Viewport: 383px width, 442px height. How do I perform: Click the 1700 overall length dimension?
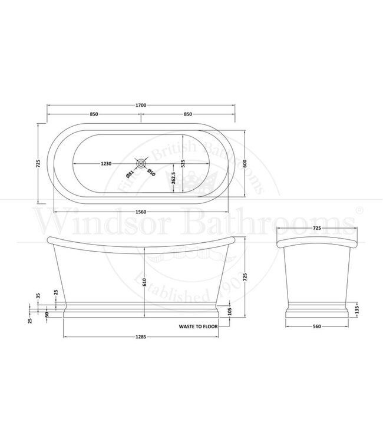click(x=141, y=105)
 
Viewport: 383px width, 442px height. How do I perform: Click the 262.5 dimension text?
click(x=174, y=180)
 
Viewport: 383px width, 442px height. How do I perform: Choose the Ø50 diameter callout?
click(x=150, y=173)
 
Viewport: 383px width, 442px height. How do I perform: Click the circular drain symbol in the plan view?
click(x=141, y=164)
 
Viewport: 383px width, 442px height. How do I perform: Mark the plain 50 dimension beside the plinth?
click(x=47, y=314)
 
